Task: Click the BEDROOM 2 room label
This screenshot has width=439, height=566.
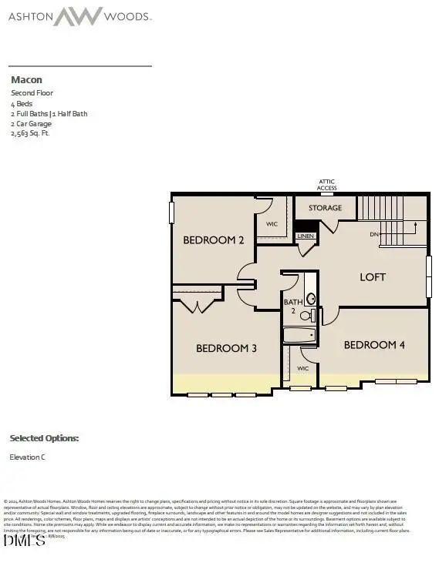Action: [x=213, y=240]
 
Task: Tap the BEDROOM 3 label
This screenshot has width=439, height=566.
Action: [x=226, y=348]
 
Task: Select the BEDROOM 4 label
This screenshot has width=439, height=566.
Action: [x=374, y=344]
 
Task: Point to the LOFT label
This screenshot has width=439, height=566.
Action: [x=373, y=276]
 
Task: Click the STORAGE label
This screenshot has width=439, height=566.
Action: [x=325, y=208]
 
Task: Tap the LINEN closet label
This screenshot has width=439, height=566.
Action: [x=306, y=236]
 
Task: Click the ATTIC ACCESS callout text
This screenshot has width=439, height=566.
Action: [x=327, y=185]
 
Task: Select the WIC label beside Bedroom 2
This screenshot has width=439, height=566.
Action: [x=272, y=224]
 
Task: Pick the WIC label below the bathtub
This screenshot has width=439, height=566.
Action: [x=303, y=368]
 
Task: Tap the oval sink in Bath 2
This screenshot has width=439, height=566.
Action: [x=310, y=298]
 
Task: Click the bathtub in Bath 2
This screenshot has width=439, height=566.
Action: [x=299, y=335]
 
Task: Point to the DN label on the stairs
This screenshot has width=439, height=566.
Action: [x=374, y=233]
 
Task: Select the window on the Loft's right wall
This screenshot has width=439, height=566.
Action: [x=429, y=276]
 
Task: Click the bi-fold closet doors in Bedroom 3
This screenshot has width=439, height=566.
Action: [x=199, y=306]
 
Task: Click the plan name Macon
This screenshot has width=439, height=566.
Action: [x=25, y=79]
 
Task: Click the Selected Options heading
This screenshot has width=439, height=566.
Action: [x=44, y=438]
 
